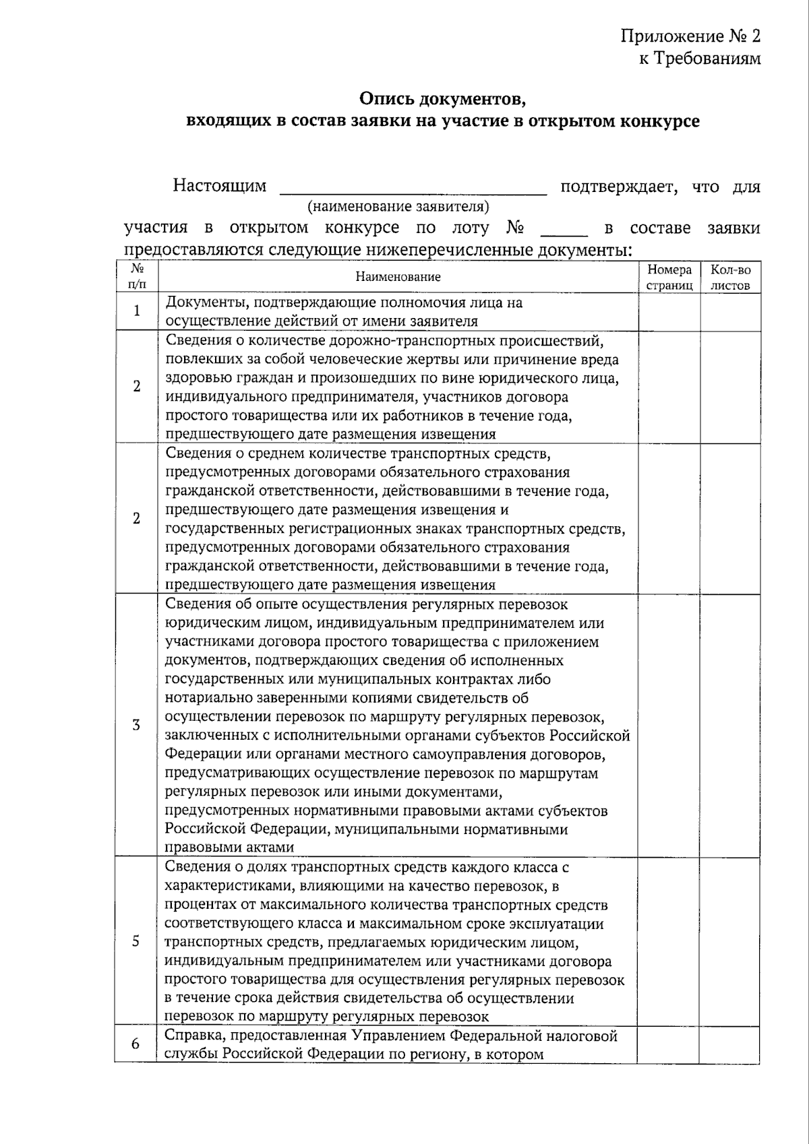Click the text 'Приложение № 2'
click(x=690, y=36)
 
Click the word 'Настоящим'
click(x=220, y=185)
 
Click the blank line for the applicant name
click(x=413, y=191)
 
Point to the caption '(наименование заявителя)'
click(x=398, y=206)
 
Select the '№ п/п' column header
click(x=136, y=276)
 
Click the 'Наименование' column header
click(x=398, y=277)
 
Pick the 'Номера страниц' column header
click(x=669, y=277)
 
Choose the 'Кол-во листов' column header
click(x=730, y=277)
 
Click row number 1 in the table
click(x=137, y=311)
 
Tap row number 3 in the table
click(x=137, y=725)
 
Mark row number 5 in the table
click(x=136, y=941)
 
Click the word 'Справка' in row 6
click(x=191, y=1036)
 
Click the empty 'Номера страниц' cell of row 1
click(x=669, y=311)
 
